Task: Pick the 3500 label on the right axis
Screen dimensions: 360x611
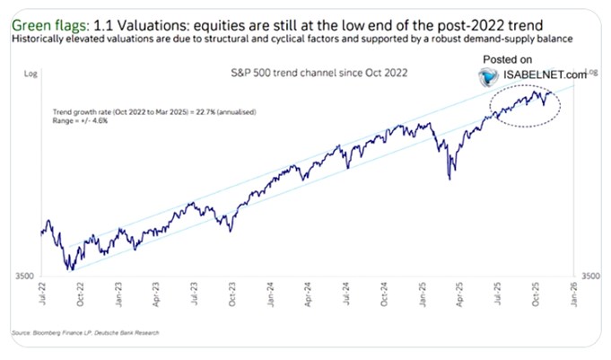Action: click(x=594, y=277)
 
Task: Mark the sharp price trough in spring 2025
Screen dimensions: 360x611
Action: click(x=450, y=179)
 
